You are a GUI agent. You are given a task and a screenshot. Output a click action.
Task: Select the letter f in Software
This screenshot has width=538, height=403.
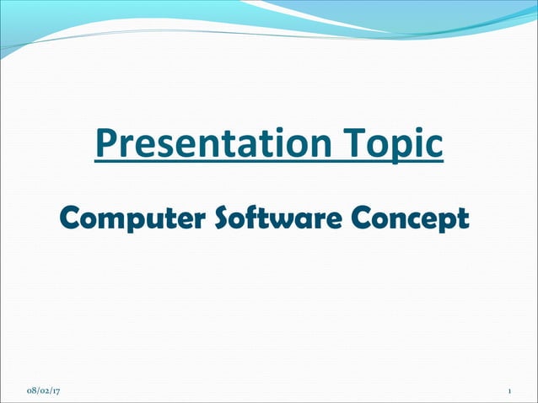254,218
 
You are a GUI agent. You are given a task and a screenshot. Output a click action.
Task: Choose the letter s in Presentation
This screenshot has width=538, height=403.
162,147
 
